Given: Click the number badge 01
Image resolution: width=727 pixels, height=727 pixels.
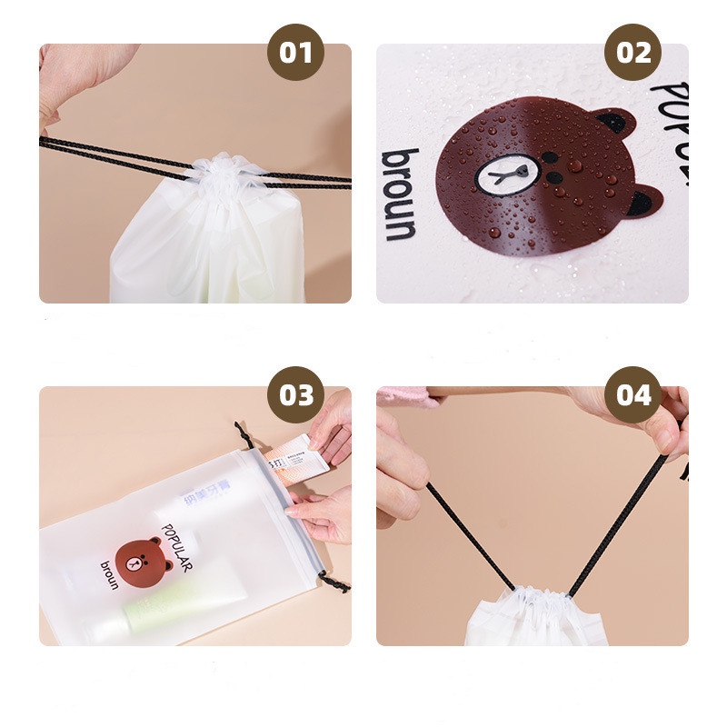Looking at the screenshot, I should (x=295, y=53).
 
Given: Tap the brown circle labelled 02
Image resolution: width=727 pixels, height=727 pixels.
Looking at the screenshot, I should (x=633, y=53).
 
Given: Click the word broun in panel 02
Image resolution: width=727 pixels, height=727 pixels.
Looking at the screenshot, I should (x=401, y=194).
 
